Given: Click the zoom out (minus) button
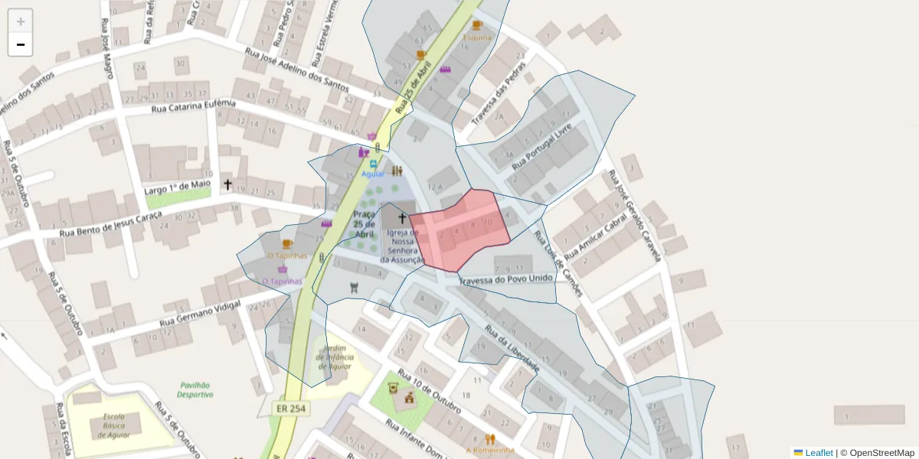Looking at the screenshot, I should pyautogui.click(x=21, y=44).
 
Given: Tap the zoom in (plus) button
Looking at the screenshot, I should pyautogui.click(x=21, y=21).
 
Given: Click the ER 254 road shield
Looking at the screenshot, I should pyautogui.click(x=291, y=409).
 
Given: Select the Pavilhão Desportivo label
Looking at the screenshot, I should pyautogui.click(x=195, y=390).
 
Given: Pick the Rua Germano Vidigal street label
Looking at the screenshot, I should pyautogui.click(x=200, y=314).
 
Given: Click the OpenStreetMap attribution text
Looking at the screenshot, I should pyautogui.click(x=881, y=453).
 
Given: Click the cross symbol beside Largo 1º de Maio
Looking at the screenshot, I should pyautogui.click(x=227, y=184).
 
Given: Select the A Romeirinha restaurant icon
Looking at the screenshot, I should pyautogui.click(x=490, y=439).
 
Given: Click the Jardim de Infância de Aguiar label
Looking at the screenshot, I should pyautogui.click(x=335, y=357).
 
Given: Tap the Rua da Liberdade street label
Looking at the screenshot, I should pyautogui.click(x=512, y=349).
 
